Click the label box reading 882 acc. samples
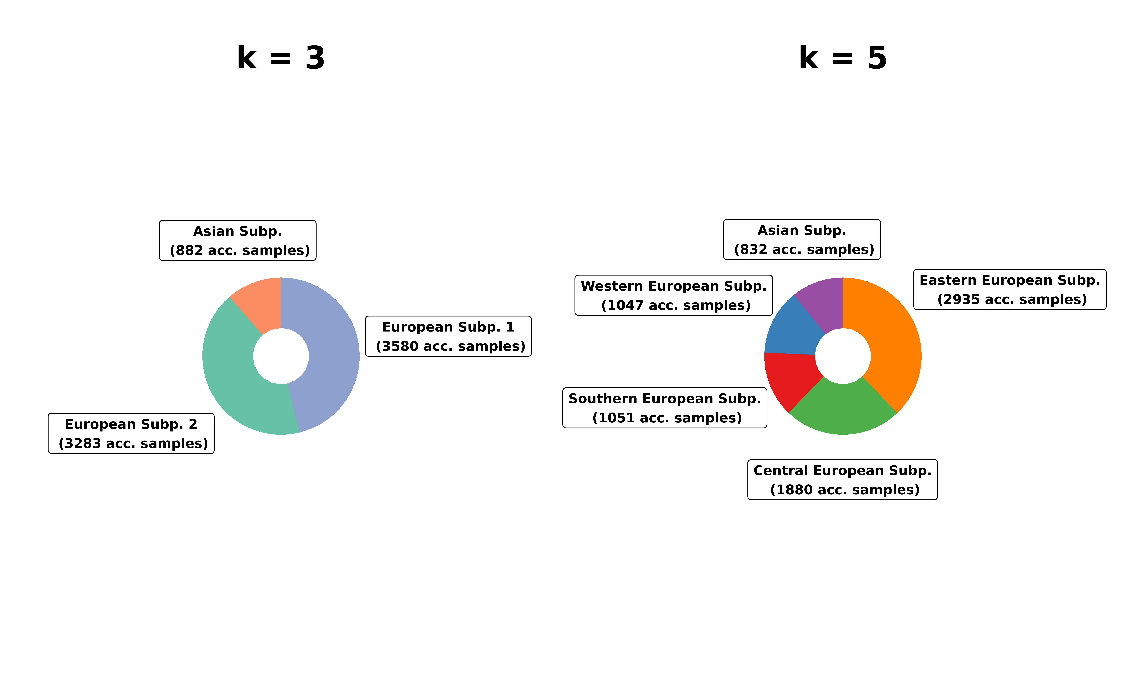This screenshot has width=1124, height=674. pos(238,240)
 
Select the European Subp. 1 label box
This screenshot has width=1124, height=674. pos(448,336)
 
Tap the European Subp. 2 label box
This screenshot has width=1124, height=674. pos(131,433)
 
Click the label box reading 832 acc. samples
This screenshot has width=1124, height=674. pos(802,239)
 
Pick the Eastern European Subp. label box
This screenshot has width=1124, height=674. pos(1010,289)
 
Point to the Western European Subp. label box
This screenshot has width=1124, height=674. pos(674,295)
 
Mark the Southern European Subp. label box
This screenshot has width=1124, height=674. pos(665,408)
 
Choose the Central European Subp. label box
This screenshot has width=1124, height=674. pos(843,480)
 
